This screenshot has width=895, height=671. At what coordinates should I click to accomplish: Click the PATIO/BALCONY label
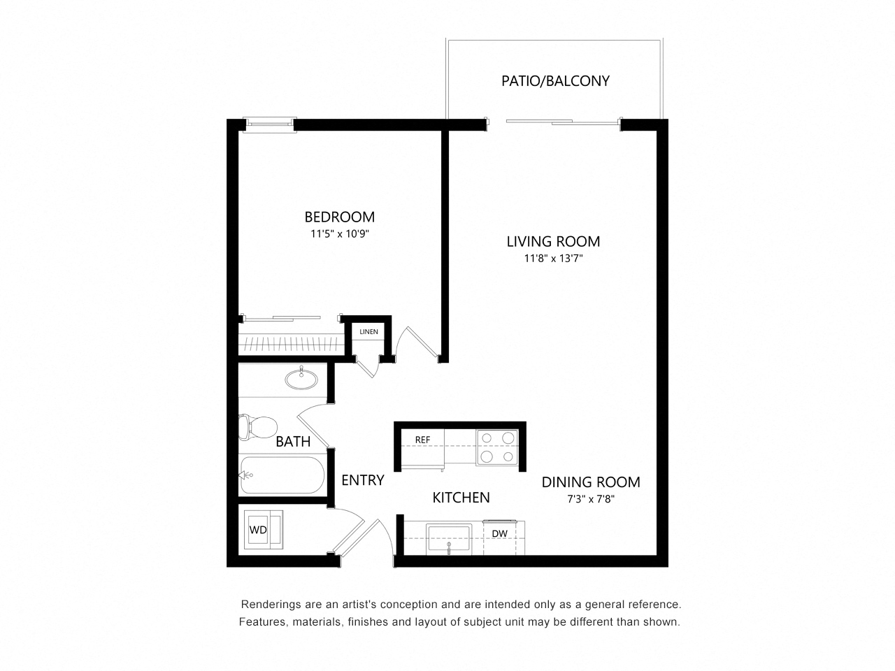(555, 80)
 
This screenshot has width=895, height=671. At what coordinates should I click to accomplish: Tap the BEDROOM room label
(339, 217)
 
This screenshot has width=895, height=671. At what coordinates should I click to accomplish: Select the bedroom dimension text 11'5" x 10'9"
(339, 234)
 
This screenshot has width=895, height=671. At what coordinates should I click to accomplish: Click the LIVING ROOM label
(553, 242)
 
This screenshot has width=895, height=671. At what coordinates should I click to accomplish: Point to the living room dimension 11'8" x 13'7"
(553, 259)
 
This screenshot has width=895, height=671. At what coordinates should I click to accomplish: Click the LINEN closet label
(368, 331)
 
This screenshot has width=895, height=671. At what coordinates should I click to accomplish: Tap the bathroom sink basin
(301, 380)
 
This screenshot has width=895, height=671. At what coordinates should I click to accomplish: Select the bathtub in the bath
(282, 475)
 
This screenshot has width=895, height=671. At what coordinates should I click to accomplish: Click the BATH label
(293, 442)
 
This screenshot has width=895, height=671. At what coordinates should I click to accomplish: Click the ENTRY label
(363, 480)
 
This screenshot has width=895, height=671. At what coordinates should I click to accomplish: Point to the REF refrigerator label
(422, 440)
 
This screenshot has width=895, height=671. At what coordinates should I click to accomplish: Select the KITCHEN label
(461, 498)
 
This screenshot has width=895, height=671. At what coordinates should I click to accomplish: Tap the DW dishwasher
(499, 534)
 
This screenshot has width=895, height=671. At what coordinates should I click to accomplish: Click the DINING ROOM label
(591, 482)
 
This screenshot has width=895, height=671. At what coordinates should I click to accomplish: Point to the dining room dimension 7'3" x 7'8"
(591, 499)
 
